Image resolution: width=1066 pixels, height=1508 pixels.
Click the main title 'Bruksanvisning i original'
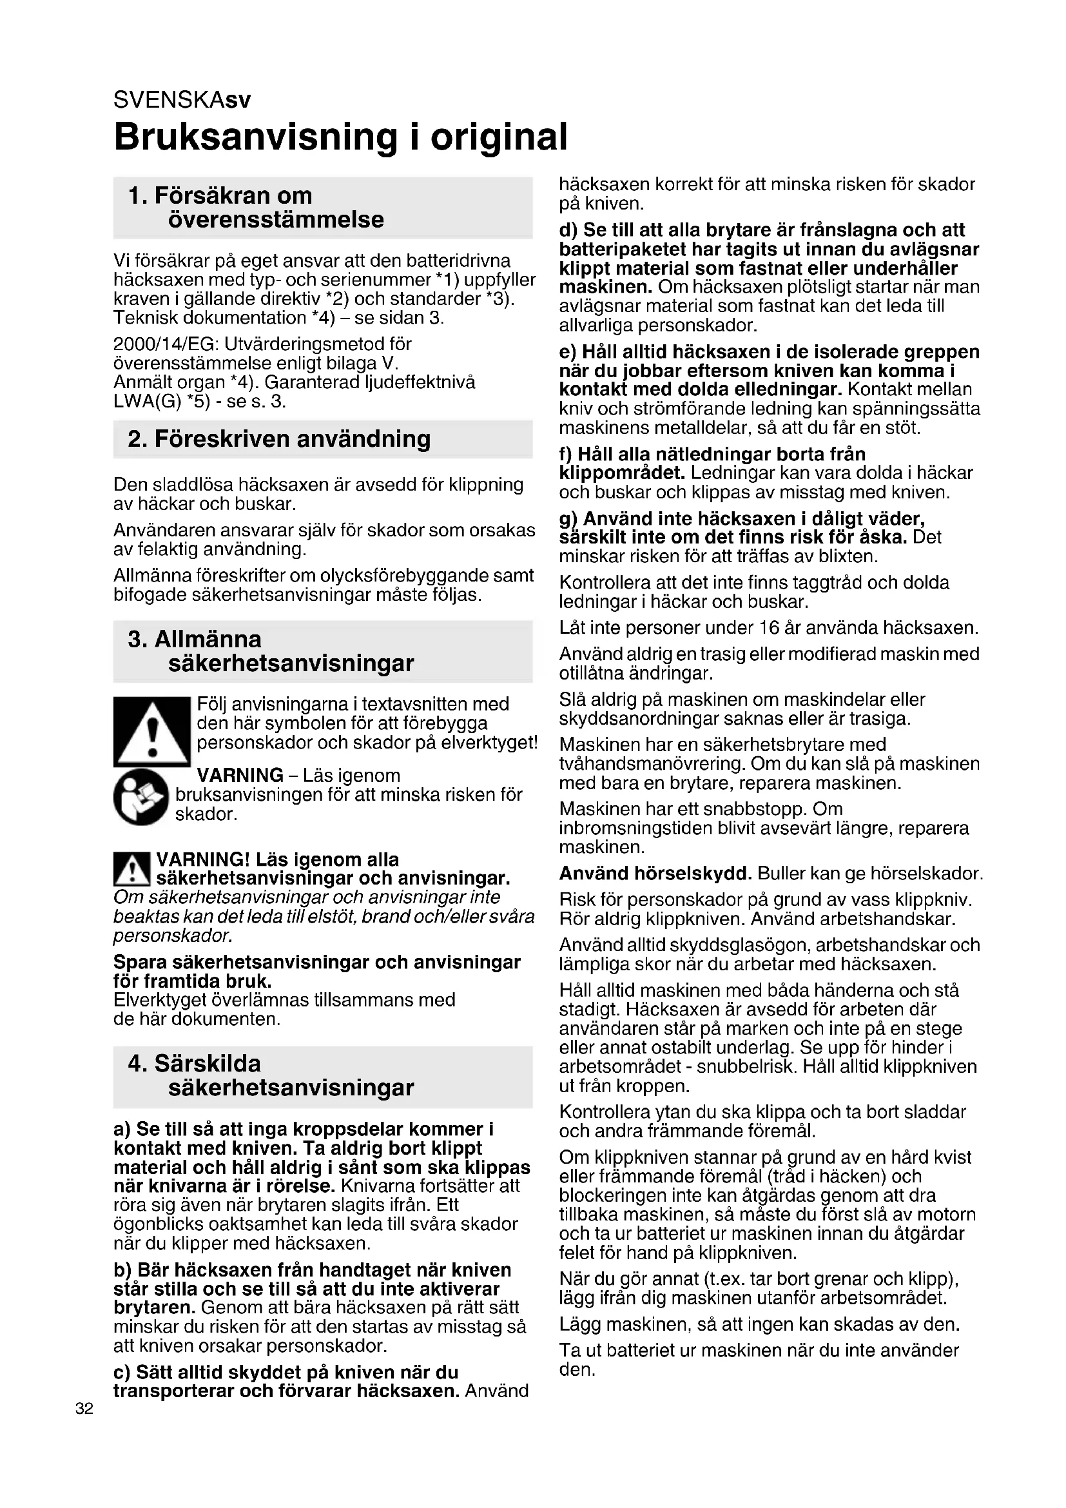click(340, 137)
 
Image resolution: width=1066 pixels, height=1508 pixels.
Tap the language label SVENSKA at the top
click(169, 101)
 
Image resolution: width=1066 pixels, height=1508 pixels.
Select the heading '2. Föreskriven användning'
click(279, 439)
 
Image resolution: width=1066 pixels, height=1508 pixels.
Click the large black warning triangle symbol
click(151, 732)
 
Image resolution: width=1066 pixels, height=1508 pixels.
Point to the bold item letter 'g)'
click(568, 519)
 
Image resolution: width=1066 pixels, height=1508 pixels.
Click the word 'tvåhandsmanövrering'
click(651, 764)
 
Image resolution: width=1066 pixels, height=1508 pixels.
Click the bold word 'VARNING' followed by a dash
click(240, 775)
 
